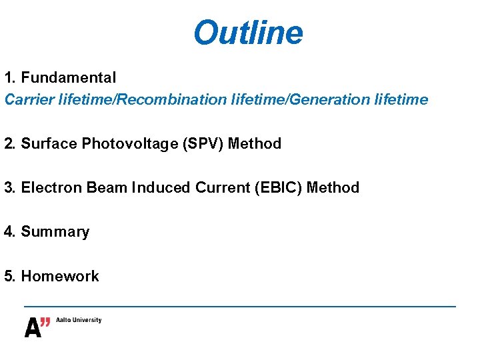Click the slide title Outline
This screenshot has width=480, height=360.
click(x=248, y=32)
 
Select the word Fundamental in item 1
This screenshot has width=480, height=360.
click(x=69, y=78)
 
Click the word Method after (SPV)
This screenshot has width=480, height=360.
click(x=255, y=144)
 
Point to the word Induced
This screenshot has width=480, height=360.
click(x=161, y=188)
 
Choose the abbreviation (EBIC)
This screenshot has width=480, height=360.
click(x=279, y=188)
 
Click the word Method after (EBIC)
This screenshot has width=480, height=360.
click(x=333, y=188)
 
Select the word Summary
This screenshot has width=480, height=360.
click(x=55, y=232)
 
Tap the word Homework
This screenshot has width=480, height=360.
click(x=60, y=276)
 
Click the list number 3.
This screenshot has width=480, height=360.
click(x=8, y=188)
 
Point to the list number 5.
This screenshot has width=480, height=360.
click(x=8, y=276)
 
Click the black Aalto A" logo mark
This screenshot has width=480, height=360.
click(x=37, y=327)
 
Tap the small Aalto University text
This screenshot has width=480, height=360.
click(x=79, y=320)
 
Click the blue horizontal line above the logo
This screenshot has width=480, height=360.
click(x=240, y=306)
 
